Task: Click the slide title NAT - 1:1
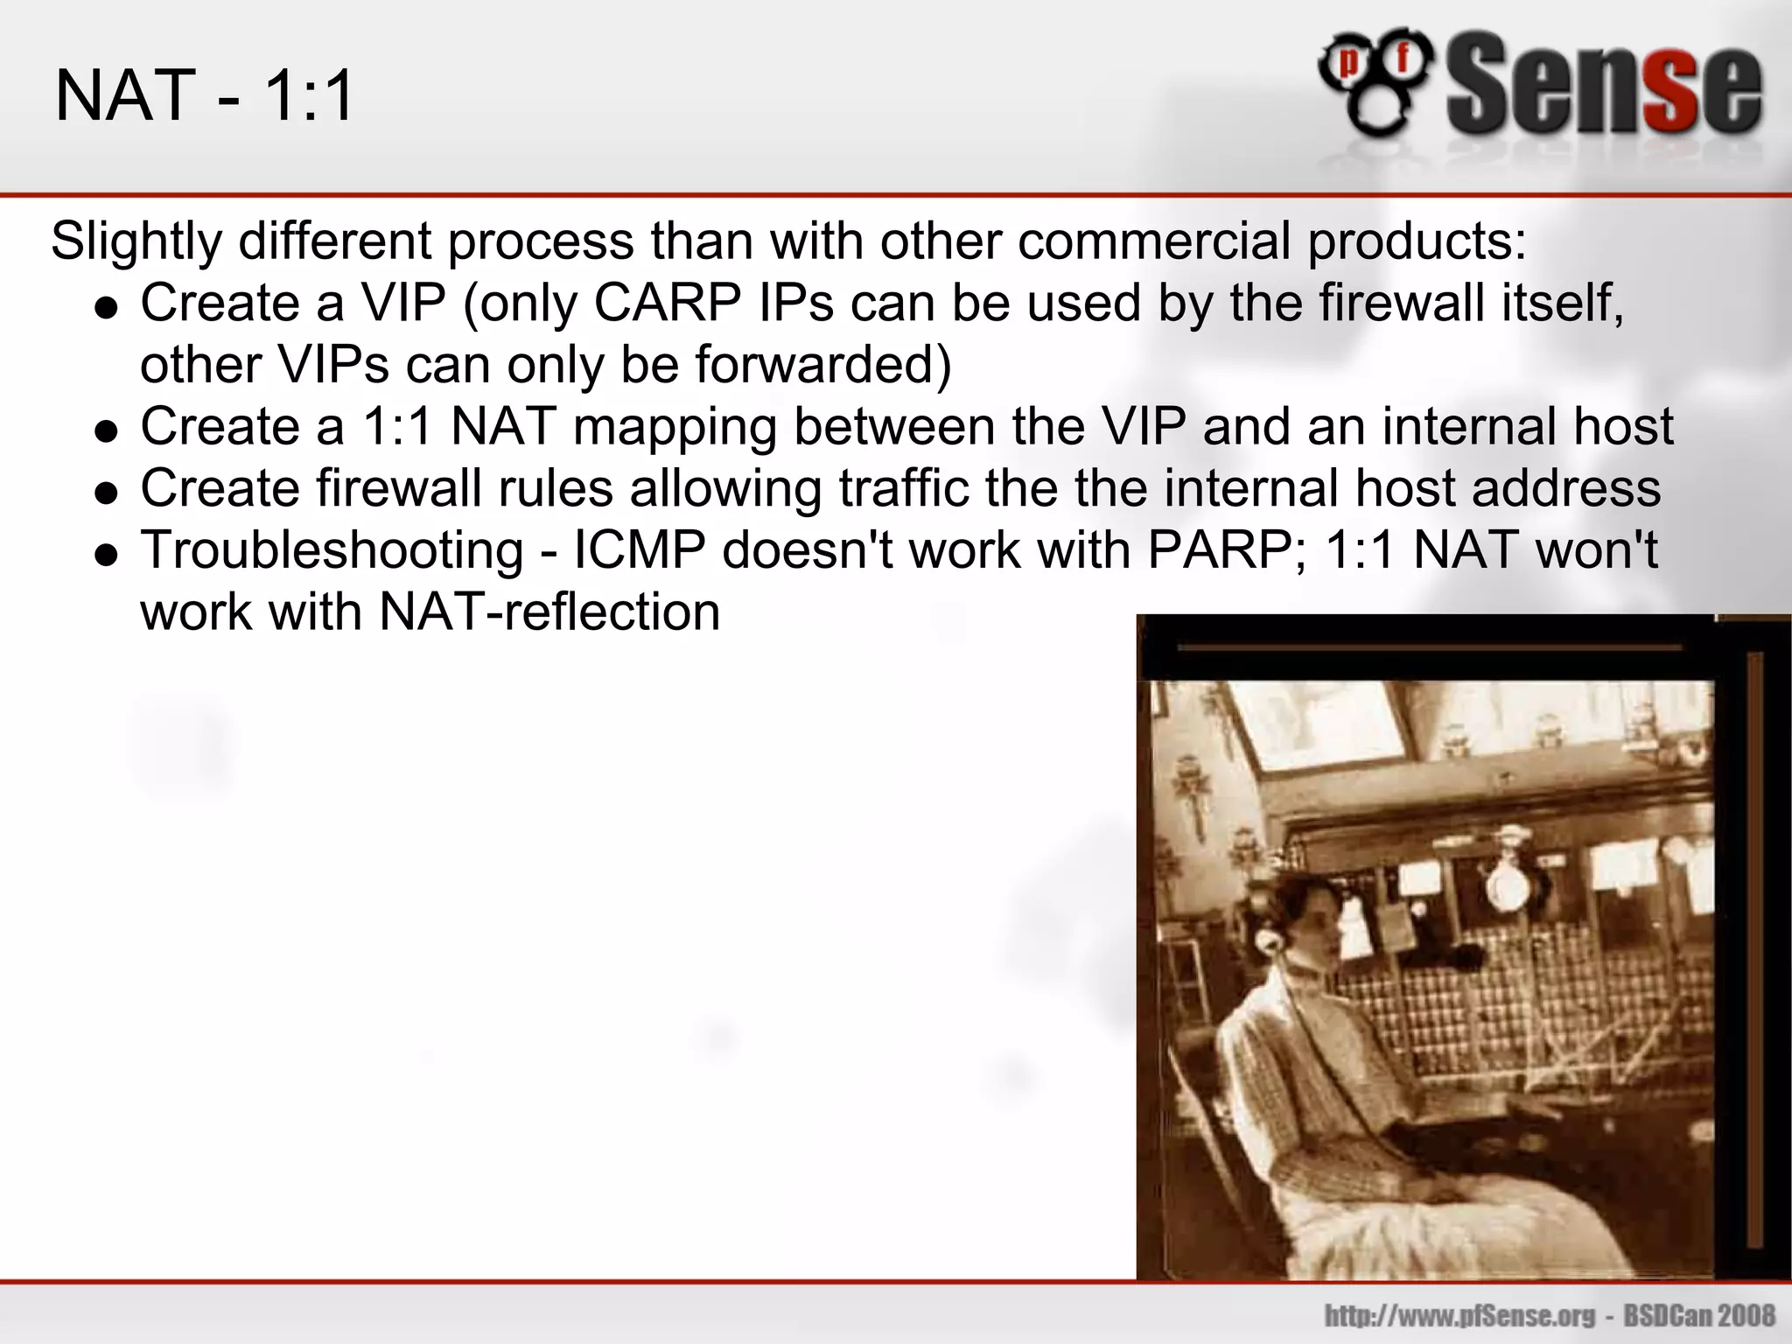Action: click(x=205, y=95)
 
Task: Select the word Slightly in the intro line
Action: click(x=136, y=241)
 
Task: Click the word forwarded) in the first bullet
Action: click(x=822, y=365)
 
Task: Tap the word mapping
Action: click(x=675, y=428)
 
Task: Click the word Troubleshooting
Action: click(x=332, y=551)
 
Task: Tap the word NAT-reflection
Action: click(x=549, y=612)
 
